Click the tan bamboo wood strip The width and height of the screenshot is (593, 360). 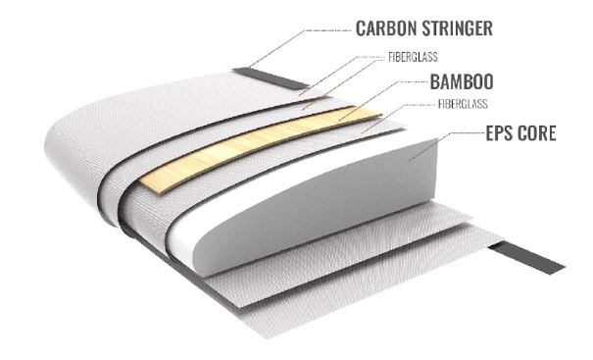tap(265, 146)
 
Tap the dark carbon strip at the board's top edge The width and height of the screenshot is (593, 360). tap(256, 76)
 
